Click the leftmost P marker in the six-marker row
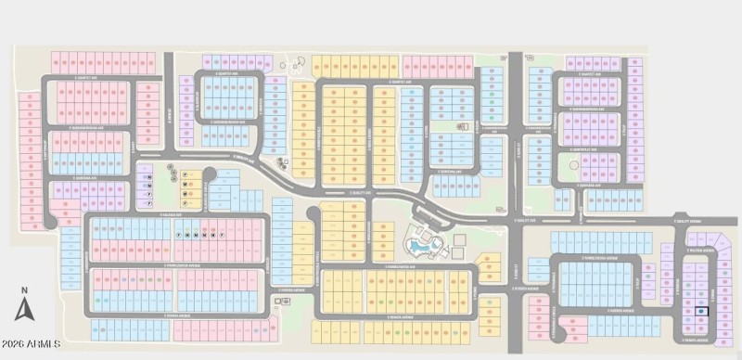point(178,236)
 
